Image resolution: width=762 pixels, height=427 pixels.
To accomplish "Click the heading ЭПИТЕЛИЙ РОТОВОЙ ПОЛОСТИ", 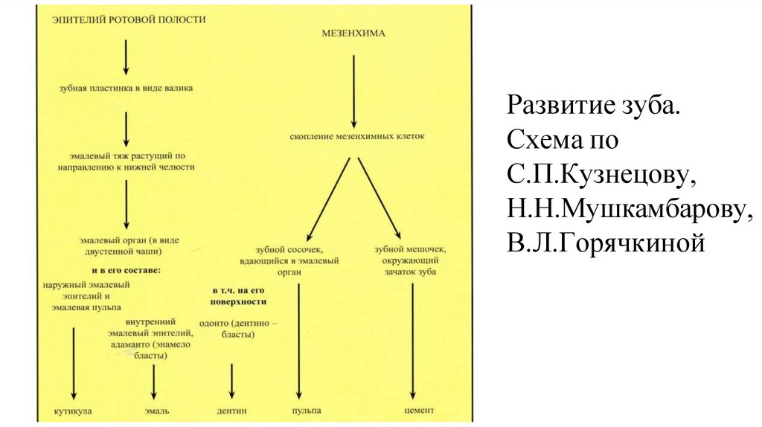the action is pos(129,21).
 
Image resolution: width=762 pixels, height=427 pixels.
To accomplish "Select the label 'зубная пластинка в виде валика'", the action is pos(126,88).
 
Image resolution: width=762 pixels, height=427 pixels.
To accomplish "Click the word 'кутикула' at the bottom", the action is pos(74,410).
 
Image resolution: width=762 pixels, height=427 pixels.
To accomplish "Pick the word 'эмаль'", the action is pos(157,410).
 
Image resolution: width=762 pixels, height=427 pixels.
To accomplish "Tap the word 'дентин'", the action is pos(232,410).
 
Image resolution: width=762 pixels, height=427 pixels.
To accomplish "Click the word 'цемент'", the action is pos(417,410).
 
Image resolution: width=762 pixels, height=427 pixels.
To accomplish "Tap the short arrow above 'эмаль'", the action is pos(154,382).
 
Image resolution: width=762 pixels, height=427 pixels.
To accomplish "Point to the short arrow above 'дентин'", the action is pos(232,382).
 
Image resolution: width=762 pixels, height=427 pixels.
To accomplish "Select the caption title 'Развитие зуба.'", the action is pos(594,106).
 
